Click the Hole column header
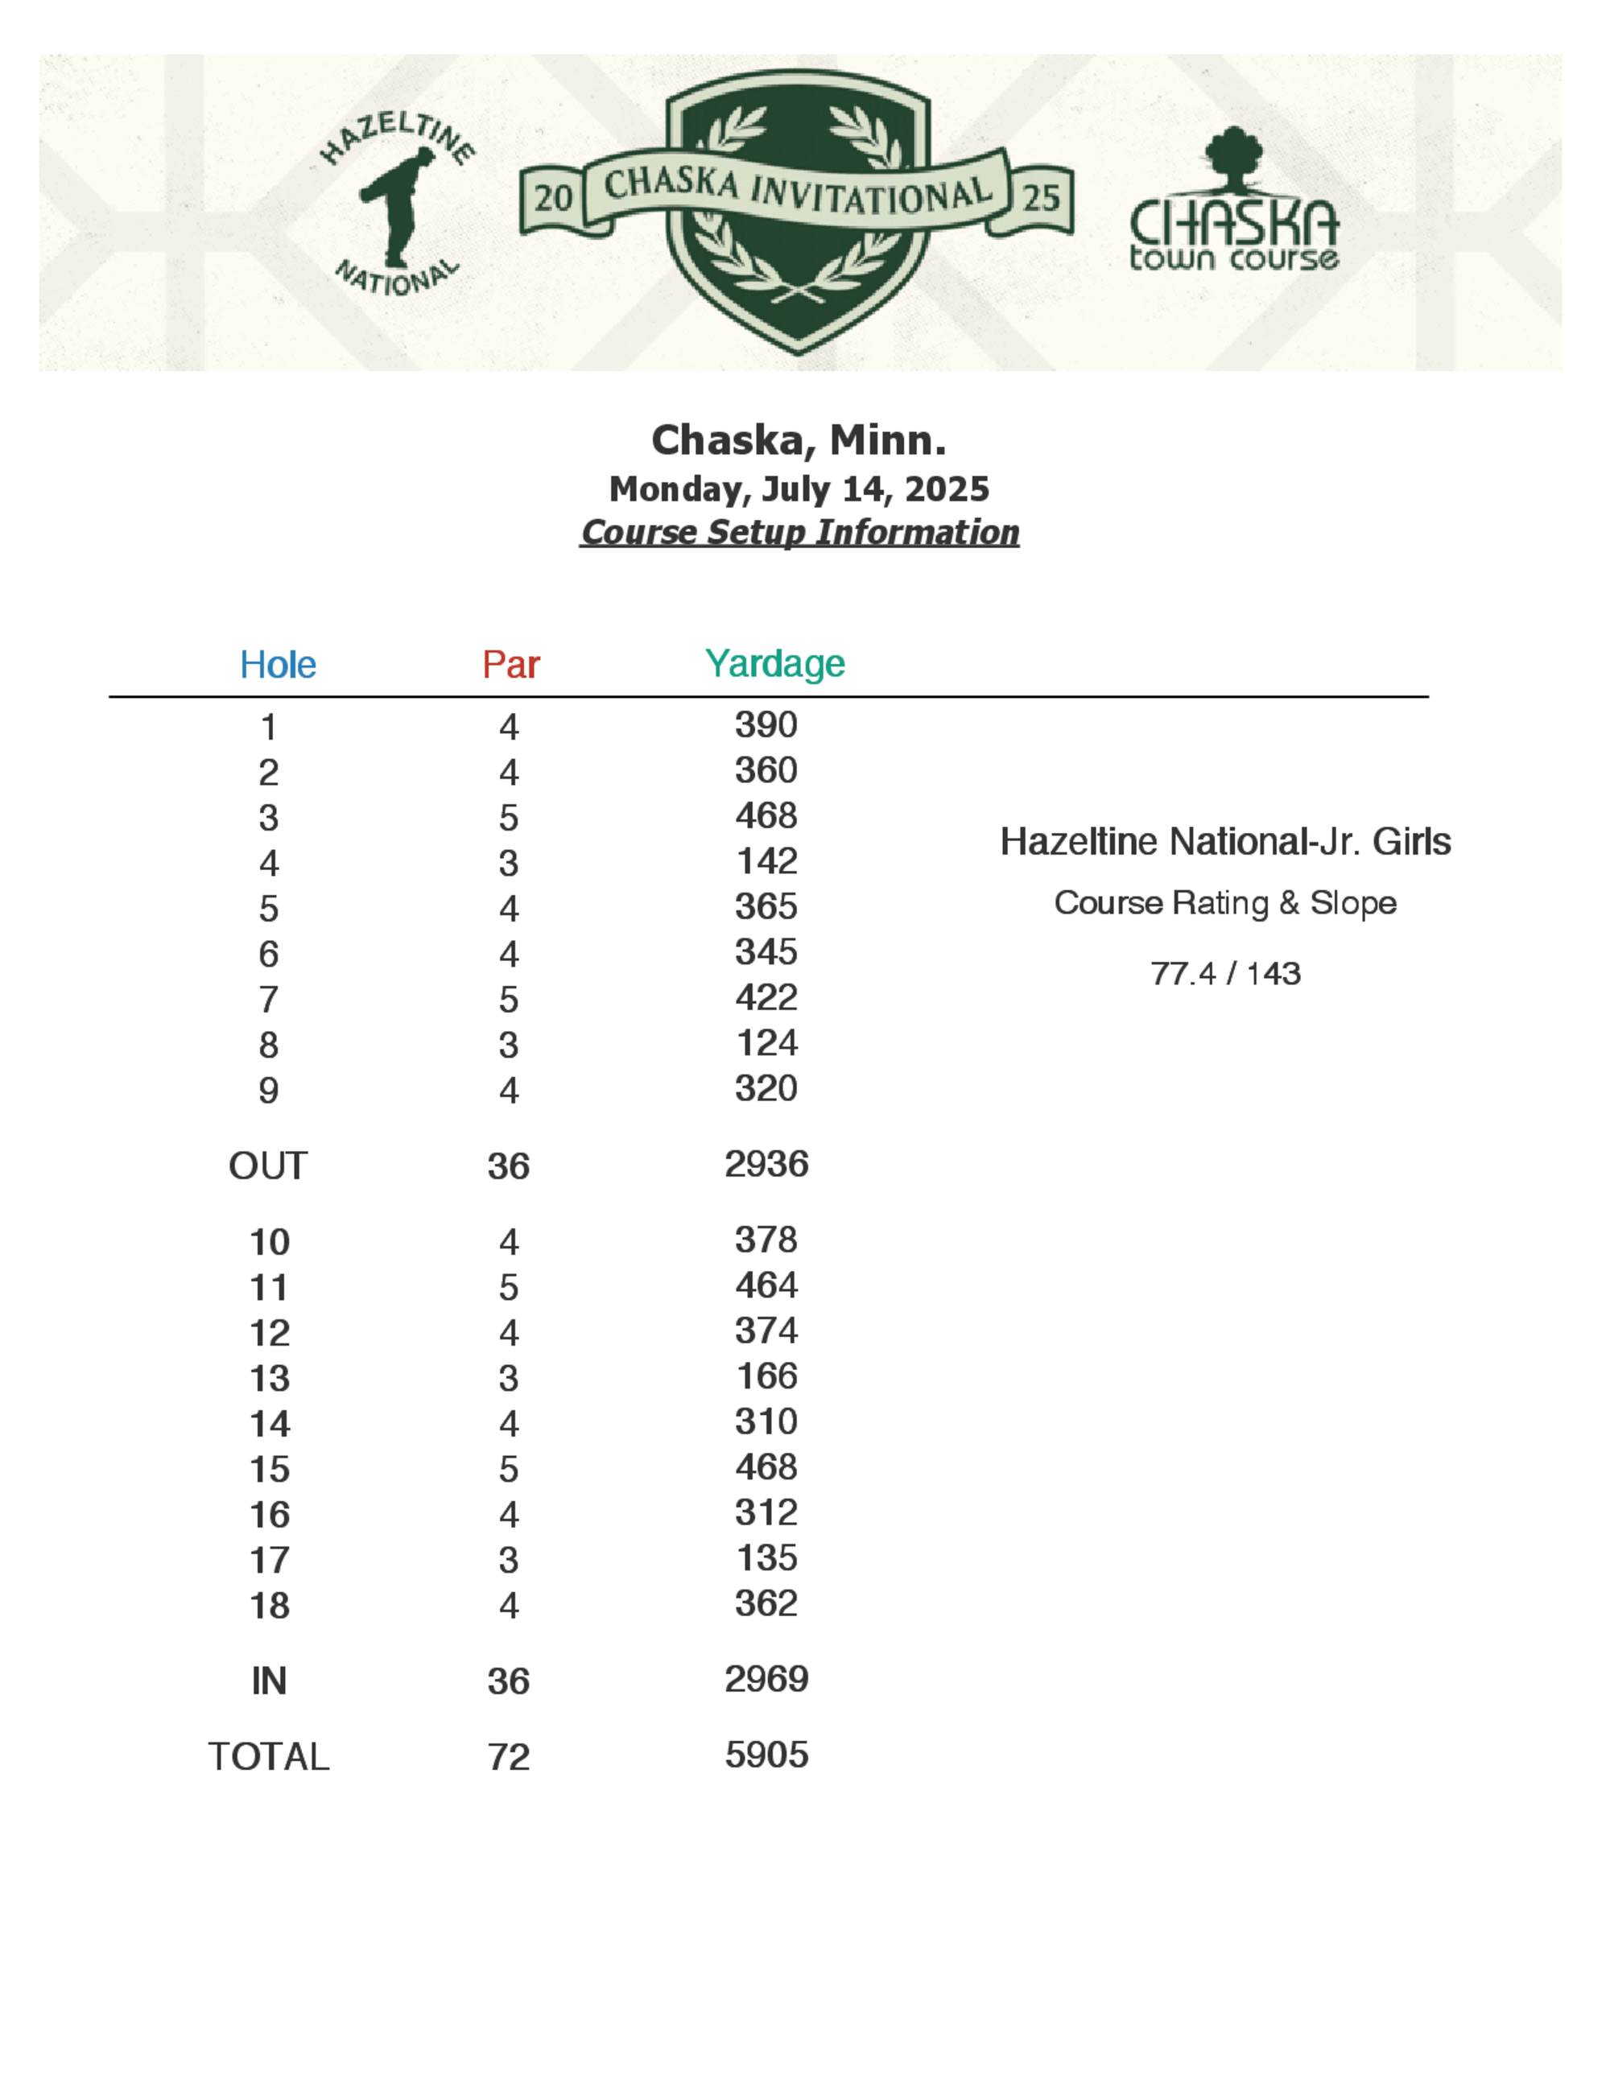tap(278, 665)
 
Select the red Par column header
tap(510, 665)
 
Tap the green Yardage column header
tap(774, 663)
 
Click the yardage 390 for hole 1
tap(766, 725)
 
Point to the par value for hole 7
tap(509, 1000)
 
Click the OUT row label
tap(268, 1165)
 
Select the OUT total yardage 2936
tap(766, 1164)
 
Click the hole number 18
tap(270, 1605)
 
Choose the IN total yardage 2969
tap(766, 1679)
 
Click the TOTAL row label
tap(269, 1757)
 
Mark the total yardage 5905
tap(766, 1755)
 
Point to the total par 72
tap(509, 1757)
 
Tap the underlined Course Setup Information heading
tap(799, 532)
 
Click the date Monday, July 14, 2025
tap(799, 489)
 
